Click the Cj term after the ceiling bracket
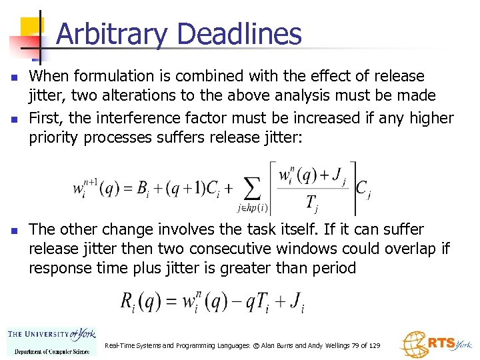(x=363, y=189)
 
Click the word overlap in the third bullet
(x=410, y=249)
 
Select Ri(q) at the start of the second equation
(x=137, y=301)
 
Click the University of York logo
(x=51, y=341)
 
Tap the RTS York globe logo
(x=415, y=343)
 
